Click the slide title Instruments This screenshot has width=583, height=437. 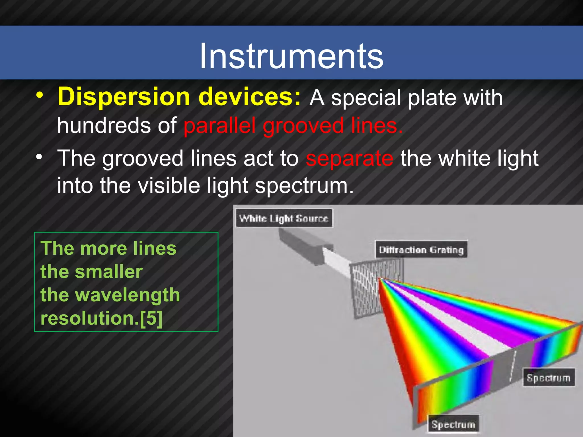pos(291,56)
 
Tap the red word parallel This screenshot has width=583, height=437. pos(219,126)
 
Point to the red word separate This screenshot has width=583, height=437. pos(350,158)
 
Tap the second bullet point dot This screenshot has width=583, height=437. pos(39,156)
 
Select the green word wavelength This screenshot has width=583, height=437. pos(128,295)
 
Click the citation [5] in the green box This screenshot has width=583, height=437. pos(151,318)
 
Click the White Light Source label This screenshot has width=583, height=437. pos(284,218)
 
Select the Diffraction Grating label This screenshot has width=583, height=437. pos(421,250)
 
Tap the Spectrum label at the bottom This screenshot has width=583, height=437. pos(453,424)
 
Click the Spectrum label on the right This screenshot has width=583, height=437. pos(548,378)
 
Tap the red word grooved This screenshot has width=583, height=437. pos(303,126)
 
